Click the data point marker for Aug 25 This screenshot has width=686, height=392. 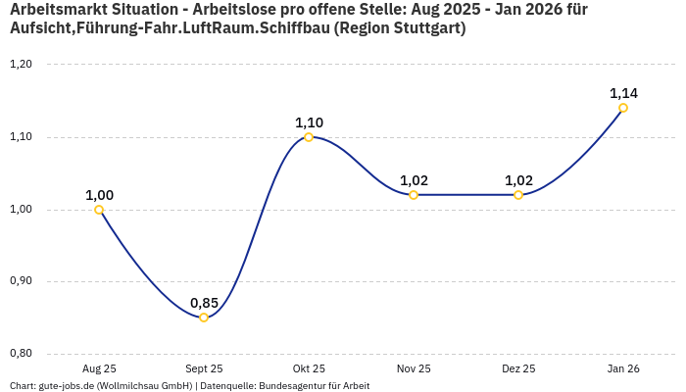pyautogui.click(x=99, y=210)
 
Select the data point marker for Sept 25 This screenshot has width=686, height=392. pyautogui.click(x=204, y=318)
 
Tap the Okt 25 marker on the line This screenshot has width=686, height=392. pyautogui.click(x=309, y=137)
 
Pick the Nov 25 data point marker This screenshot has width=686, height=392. pyautogui.click(x=414, y=195)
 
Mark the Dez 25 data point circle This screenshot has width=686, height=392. pyautogui.click(x=518, y=195)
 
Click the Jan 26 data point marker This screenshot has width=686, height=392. pyautogui.click(x=623, y=108)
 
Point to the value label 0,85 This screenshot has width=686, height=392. pyautogui.click(x=204, y=302)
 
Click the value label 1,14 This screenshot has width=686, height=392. pyautogui.click(x=623, y=93)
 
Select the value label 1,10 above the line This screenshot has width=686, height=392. pyautogui.click(x=309, y=122)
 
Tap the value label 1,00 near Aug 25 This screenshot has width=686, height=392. pyautogui.click(x=99, y=195)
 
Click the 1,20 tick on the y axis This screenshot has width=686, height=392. pyautogui.click(x=21, y=65)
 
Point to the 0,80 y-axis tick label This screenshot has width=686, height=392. pyautogui.click(x=21, y=354)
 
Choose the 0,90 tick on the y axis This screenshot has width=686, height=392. pyautogui.click(x=21, y=281)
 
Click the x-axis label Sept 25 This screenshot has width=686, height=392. pyautogui.click(x=204, y=368)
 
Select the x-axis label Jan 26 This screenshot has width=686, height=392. pyautogui.click(x=623, y=368)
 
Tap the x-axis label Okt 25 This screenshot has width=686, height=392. pyautogui.click(x=309, y=368)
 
